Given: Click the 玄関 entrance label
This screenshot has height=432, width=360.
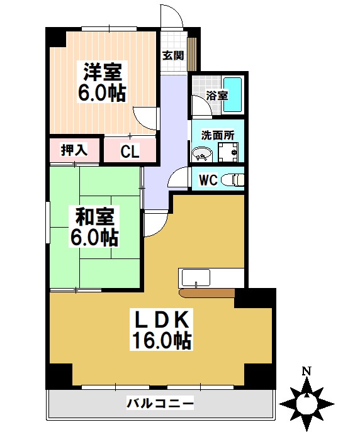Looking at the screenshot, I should [x=173, y=55].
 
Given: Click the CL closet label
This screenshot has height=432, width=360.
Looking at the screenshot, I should [x=130, y=152].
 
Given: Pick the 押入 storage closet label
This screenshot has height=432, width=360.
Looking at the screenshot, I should [x=74, y=150].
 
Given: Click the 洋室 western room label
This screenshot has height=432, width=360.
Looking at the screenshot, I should [x=101, y=71].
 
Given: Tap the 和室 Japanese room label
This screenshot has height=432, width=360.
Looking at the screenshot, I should [x=94, y=218].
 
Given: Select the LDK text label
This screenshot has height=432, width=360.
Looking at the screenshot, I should [x=161, y=320].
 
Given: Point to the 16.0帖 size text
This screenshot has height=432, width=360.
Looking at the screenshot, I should [x=161, y=341].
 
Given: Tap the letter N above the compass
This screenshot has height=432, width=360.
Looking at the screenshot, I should [x=307, y=371].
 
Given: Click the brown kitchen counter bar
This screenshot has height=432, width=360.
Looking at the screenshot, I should [x=207, y=292].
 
